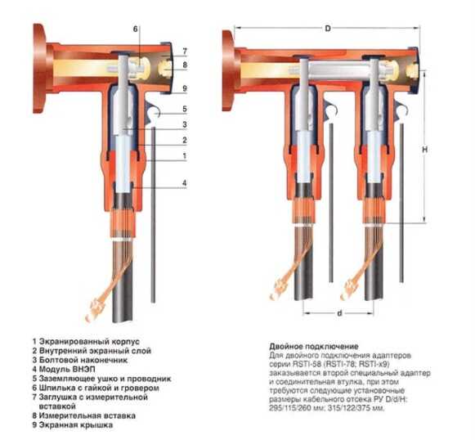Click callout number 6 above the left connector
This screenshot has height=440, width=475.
pyautogui.click(x=136, y=29)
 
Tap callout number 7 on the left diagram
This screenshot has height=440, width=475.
pyautogui.click(x=185, y=52)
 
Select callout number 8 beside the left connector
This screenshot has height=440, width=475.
pyautogui.click(x=185, y=65)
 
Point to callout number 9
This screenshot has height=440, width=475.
pyautogui.click(x=185, y=88)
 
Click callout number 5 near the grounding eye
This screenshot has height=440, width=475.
pyautogui.click(x=185, y=109)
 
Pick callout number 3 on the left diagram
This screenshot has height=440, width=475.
pyautogui.click(x=185, y=124)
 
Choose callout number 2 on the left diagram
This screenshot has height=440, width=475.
pyautogui.click(x=185, y=141)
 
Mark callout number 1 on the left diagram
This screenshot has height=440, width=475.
pyautogui.click(x=185, y=156)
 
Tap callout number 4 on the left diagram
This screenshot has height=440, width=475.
pyautogui.click(x=185, y=183)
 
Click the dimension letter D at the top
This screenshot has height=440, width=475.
pyautogui.click(x=328, y=29)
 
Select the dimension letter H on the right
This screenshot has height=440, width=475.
pyautogui.click(x=424, y=150)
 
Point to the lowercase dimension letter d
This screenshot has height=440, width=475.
pyautogui.click(x=339, y=313)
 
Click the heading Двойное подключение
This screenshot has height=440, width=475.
pyautogui.click(x=314, y=346)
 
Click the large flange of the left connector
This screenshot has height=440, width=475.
pyautogui.click(x=39, y=68)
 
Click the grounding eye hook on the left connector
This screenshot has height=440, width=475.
pyautogui.click(x=153, y=113)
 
